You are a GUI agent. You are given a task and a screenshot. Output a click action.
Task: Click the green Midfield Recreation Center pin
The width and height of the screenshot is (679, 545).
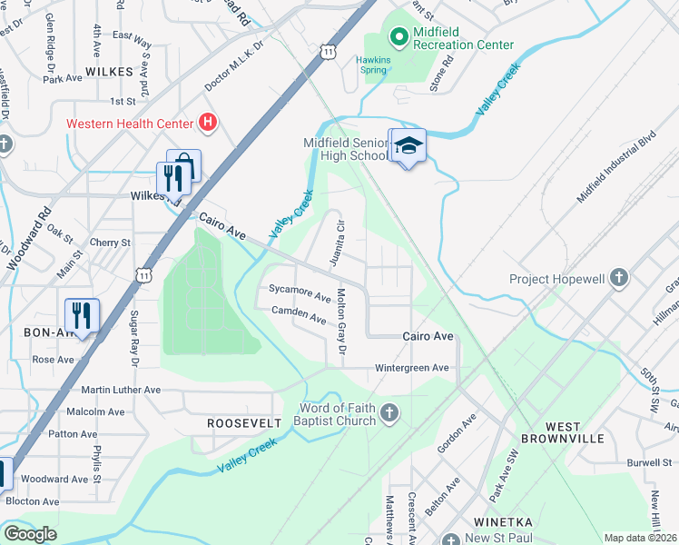pyautogui.click(x=398, y=37)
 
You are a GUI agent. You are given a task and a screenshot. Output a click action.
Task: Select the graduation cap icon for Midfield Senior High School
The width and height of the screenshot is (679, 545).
pyautogui.click(x=408, y=146)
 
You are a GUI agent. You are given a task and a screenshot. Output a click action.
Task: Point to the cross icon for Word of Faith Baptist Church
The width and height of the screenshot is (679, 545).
pyautogui.click(x=389, y=413)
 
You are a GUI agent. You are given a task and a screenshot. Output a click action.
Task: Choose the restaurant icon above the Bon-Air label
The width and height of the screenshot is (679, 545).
pyautogui.click(x=82, y=315)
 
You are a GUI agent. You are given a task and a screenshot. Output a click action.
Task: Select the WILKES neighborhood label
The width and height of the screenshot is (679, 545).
pyautogui.click(x=110, y=70)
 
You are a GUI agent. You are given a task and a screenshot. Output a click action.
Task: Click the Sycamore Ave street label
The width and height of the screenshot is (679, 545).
pyautogui.click(x=300, y=294)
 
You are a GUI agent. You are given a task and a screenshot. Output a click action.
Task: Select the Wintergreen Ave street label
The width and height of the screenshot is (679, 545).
pyautogui.click(x=413, y=368)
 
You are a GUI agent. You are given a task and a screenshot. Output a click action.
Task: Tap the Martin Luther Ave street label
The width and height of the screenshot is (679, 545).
pyautogui.click(x=121, y=390)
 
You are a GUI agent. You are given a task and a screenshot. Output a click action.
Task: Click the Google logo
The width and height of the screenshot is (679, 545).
pyautogui.click(x=30, y=533)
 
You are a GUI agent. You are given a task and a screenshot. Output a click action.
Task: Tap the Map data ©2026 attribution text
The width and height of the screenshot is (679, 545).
pyautogui.click(x=640, y=538)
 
